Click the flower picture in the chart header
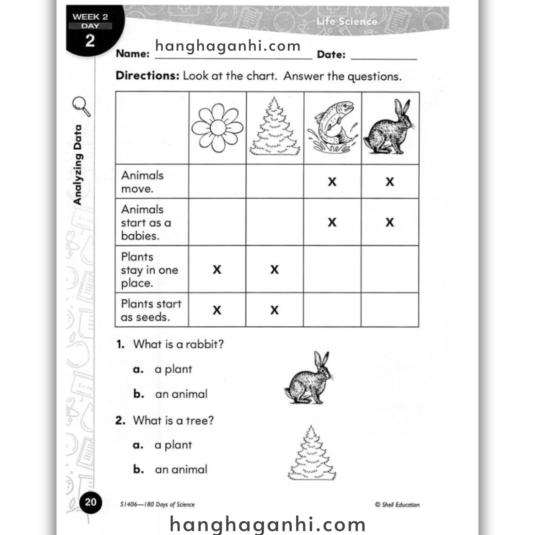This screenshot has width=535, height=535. coord(217,128)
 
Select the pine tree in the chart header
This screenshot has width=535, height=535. coord(275,127)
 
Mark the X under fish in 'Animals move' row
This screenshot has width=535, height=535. coord(332,182)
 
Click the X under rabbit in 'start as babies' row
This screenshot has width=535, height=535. coord(389,222)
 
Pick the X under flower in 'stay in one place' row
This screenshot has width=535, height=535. coord(217,269)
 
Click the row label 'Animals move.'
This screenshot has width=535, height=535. coord(142,182)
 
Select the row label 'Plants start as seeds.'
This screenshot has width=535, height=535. coord(151,310)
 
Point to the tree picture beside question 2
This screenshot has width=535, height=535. coord(312,454)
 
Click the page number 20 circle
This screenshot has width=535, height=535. coord(91,502)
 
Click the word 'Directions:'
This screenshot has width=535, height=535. coord(148,75)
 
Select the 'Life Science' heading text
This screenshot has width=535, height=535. coord(347,21)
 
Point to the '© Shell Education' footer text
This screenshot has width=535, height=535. coord(397,504)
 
